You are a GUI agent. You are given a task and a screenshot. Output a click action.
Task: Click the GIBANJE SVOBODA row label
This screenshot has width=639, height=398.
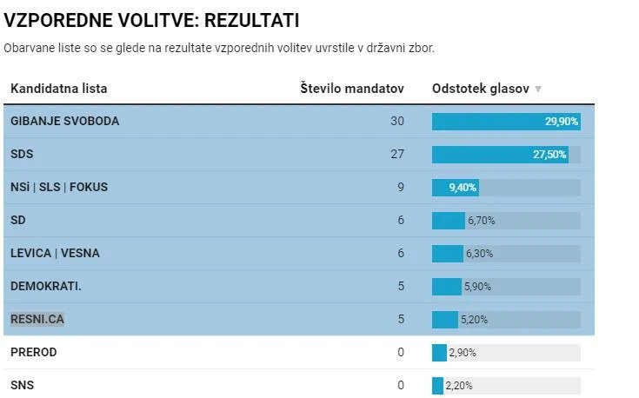pyautogui.click(x=64, y=121)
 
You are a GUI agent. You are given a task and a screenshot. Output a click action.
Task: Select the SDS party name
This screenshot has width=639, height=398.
pyautogui.click(x=22, y=154)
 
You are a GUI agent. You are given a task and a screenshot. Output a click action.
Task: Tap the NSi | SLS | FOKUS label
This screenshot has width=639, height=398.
pyautogui.click(x=59, y=187)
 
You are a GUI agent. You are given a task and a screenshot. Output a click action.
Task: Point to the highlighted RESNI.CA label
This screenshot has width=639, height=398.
pyautogui.click(x=37, y=319)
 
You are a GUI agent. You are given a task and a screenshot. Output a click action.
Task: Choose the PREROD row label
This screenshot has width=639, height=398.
pyautogui.click(x=34, y=352)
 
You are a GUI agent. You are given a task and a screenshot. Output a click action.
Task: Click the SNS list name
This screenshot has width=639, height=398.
pyautogui.click(x=23, y=385)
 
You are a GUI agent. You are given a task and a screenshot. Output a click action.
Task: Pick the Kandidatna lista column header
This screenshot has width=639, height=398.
pyautogui.click(x=59, y=89)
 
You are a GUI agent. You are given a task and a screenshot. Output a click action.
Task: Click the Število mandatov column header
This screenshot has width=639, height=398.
pyautogui.click(x=352, y=89)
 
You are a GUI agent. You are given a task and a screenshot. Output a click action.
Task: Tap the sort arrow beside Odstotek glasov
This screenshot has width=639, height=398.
pyautogui.click(x=538, y=90)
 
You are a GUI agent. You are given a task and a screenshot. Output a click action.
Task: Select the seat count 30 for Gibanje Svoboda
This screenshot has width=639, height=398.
pyautogui.click(x=397, y=121)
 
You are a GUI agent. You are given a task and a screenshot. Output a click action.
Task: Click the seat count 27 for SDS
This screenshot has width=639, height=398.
pyautogui.click(x=397, y=154)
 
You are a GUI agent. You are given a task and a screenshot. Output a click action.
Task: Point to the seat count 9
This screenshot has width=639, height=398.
pyautogui.click(x=401, y=187)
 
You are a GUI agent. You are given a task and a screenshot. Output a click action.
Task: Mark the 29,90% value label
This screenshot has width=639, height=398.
pyautogui.click(x=562, y=122)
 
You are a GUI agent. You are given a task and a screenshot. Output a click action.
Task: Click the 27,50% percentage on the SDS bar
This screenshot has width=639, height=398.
pyautogui.click(x=549, y=155)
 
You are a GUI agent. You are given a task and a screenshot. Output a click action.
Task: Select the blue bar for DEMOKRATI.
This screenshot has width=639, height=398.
pyautogui.click(x=446, y=286)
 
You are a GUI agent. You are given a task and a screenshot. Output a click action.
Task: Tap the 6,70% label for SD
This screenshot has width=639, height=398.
pyautogui.click(x=482, y=221)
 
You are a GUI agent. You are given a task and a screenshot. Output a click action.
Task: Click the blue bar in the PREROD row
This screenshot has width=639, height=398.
pyautogui.click(x=439, y=352)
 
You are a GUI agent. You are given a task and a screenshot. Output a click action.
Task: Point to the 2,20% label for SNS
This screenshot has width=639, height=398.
pyautogui.click(x=459, y=386)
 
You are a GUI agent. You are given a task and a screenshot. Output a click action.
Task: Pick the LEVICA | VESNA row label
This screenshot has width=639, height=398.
pyautogui.click(x=55, y=253)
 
